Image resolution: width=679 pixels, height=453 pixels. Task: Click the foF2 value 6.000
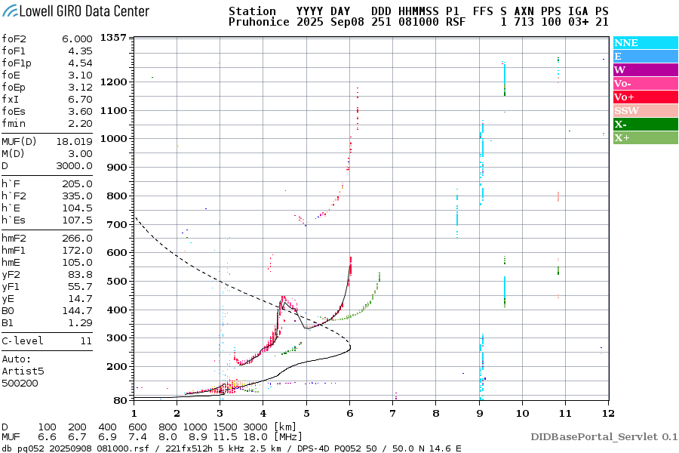click(76, 39)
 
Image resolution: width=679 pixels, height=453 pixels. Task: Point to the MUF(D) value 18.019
click(74, 141)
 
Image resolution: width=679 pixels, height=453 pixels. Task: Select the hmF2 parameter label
click(15, 238)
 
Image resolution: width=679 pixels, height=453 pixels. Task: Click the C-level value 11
click(86, 341)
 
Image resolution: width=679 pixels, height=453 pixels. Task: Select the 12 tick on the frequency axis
click(608, 413)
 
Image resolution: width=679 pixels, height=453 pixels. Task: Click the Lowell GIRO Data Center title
click(75, 11)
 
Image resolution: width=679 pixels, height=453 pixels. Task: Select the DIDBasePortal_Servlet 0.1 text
click(604, 436)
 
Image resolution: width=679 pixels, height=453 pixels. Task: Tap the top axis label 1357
click(113, 37)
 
